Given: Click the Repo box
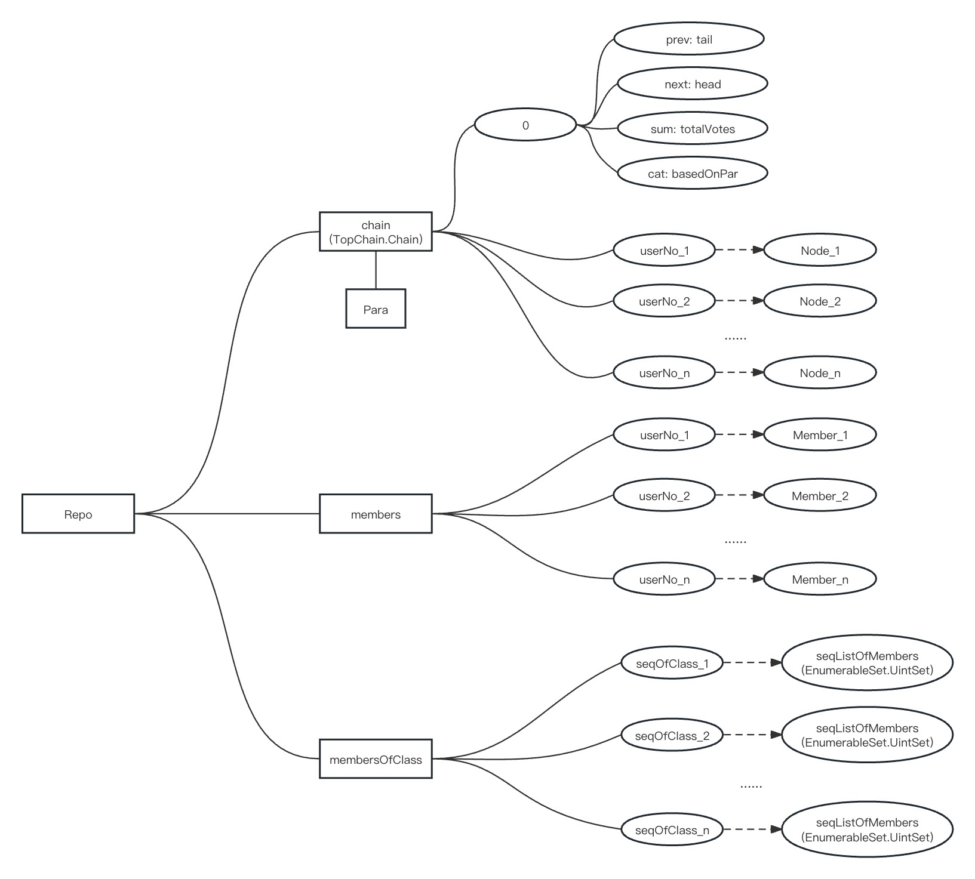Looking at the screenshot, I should coord(78,514).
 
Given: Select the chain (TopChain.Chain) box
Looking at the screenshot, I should coord(376,232).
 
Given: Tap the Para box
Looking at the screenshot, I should coord(376,309).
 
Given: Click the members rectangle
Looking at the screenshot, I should coord(376,514).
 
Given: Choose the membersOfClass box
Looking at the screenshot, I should coord(376,759).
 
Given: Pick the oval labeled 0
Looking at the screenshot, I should coord(525,125).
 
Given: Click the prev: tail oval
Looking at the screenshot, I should coord(689,39).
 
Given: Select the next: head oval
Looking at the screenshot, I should coord(692,84).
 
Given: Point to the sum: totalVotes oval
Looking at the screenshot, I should coord(692,129).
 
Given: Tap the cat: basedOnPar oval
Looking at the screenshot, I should coord(692,174).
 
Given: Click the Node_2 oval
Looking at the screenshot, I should coord(820,301).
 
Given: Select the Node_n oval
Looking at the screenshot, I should coord(820,373).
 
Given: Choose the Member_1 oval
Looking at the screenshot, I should coord(820,435).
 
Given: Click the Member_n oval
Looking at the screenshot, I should coord(820,579).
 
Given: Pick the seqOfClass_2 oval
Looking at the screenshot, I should coord(672,735).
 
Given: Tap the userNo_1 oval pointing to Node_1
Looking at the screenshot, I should coord(664,250).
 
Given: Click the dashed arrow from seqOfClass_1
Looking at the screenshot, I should coord(752,663).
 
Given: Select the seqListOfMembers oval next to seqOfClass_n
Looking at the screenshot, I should coord(867,829).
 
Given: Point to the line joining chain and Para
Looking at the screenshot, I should coord(376,270).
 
